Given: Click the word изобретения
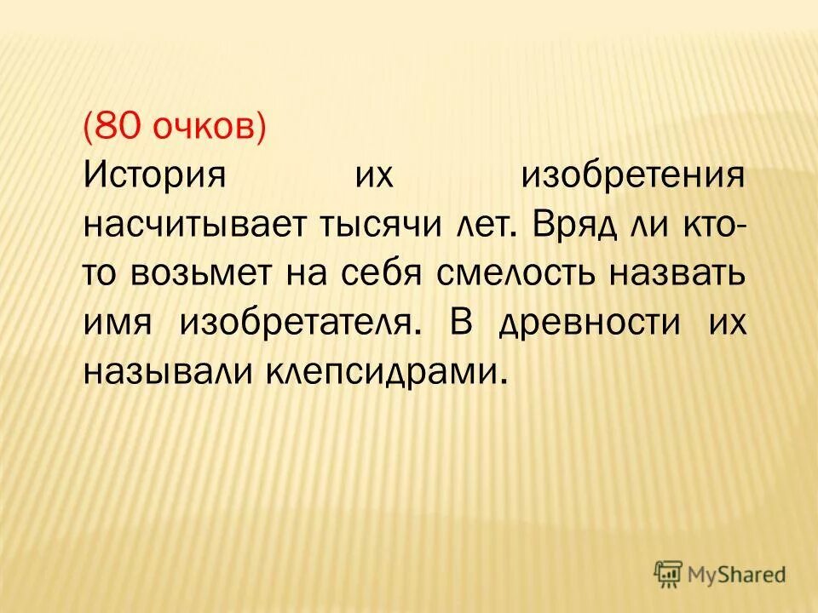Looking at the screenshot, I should [x=634, y=178].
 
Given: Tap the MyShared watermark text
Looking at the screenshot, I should [x=738, y=575].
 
